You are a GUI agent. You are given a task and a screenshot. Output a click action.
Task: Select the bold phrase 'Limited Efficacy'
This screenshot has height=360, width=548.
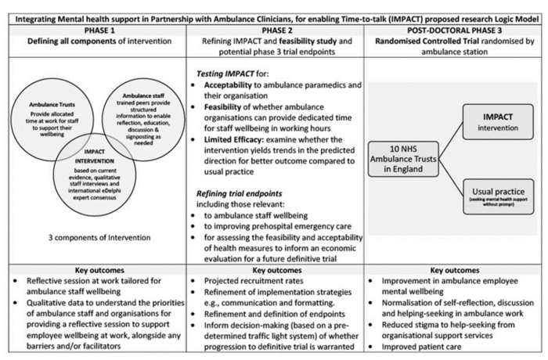(236, 139)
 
